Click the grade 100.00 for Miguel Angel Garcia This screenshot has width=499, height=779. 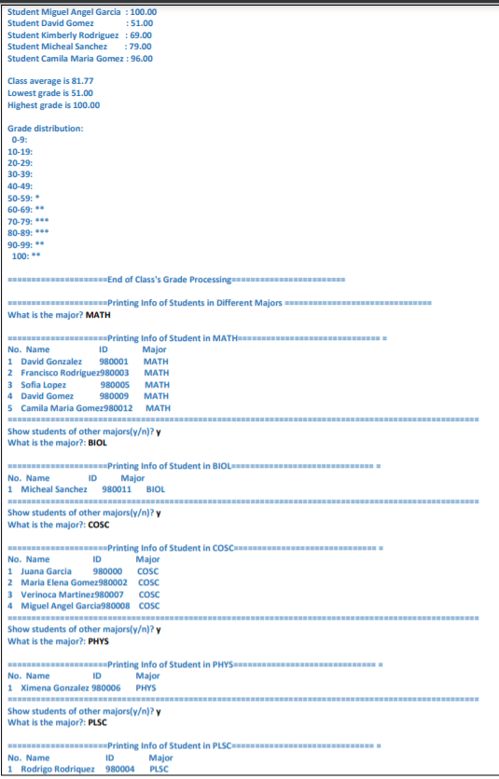[141, 12]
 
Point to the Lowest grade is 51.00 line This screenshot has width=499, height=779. [50, 92]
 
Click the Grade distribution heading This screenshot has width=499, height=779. [45, 128]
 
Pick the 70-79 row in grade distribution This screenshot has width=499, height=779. [27, 221]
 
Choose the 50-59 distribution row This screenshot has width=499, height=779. [24, 198]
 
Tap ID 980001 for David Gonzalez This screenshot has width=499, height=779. [114, 361]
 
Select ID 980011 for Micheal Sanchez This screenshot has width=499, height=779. [117, 488]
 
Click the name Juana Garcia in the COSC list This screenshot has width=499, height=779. [47, 570]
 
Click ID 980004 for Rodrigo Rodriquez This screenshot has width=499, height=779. [120, 769]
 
